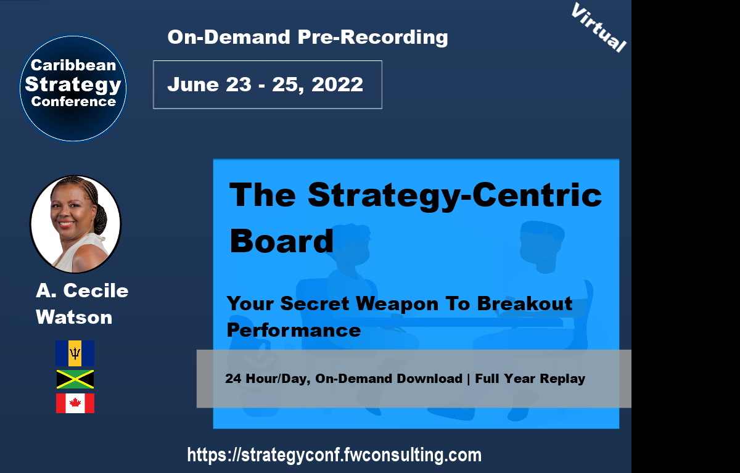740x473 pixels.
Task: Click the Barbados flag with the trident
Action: pos(75,353)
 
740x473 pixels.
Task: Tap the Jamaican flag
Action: pos(75,379)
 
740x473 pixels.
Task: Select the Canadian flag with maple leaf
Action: pos(75,403)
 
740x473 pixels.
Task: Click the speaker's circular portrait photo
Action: pos(75,224)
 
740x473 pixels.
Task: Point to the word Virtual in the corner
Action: pos(598,28)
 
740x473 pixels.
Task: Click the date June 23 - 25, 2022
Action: pos(265,84)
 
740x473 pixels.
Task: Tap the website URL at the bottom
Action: pos(334,456)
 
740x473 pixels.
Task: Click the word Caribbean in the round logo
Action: pos(73,65)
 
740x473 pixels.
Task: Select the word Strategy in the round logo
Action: pos(73,83)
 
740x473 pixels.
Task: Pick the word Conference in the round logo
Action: pos(73,102)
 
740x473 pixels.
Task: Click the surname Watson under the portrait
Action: pos(74,318)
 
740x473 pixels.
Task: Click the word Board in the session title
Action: pos(281,241)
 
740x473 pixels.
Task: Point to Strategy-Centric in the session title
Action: pos(454,195)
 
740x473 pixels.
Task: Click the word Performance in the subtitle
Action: pos(294,330)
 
